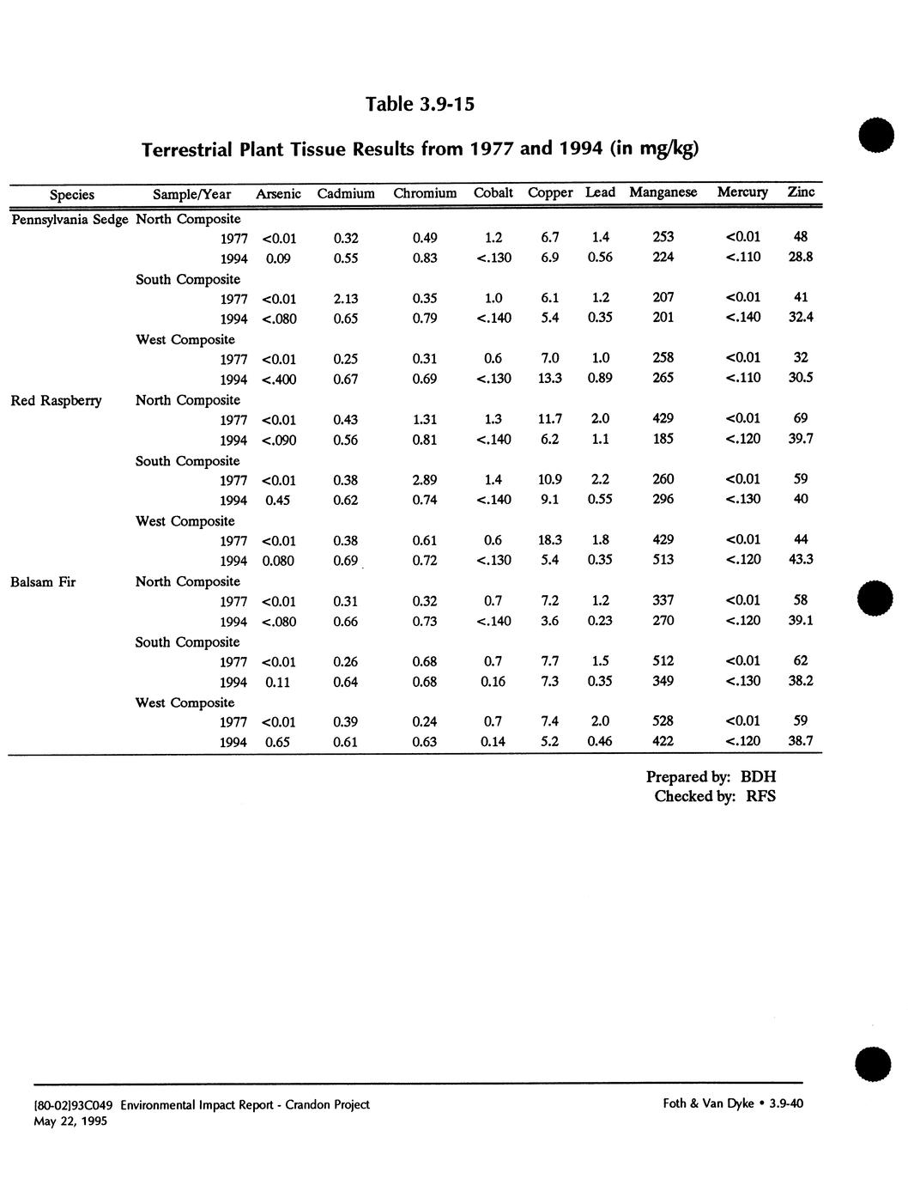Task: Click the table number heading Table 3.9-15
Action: point(420,104)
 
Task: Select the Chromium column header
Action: point(425,193)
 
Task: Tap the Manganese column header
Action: point(663,192)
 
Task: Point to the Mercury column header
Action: point(742,192)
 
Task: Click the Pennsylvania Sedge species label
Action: point(69,219)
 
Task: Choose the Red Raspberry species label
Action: point(56,400)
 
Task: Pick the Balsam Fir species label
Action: point(43,582)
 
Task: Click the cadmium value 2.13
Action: point(345,299)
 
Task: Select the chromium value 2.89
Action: point(425,480)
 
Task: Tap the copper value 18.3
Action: point(550,540)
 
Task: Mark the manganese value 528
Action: point(663,721)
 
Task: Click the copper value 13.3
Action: point(550,379)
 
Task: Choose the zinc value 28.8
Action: point(801,257)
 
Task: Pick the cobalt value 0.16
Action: point(493,682)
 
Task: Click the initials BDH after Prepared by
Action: point(758,777)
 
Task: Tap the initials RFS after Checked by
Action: point(760,796)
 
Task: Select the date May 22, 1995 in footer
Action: point(70,1121)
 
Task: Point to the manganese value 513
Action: point(663,560)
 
